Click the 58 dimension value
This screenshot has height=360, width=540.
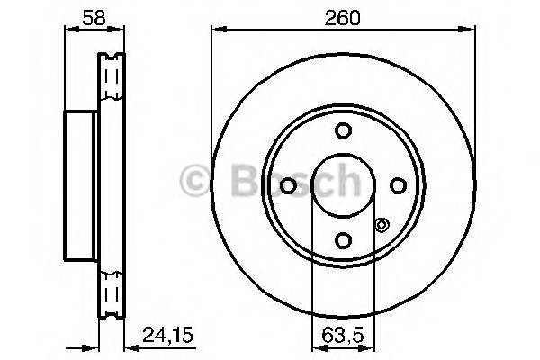[80, 15]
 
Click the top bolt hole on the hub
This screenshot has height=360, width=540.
[342, 131]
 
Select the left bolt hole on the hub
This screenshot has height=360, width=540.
[288, 185]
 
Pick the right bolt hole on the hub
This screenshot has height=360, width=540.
[397, 185]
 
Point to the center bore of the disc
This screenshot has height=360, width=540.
[342, 185]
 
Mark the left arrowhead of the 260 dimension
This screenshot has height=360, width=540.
[216, 29]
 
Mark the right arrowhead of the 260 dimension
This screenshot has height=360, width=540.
[472, 29]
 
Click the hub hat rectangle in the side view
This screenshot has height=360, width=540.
[80, 185]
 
